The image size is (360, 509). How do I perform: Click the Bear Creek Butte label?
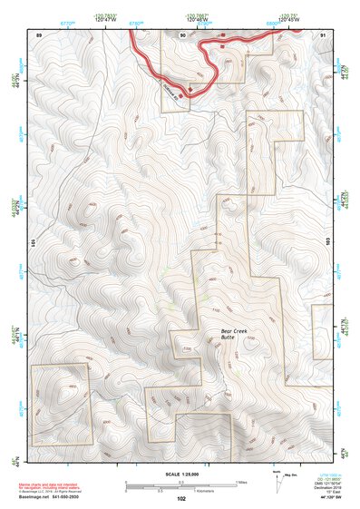point(234,334)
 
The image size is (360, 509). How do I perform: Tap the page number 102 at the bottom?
point(181,499)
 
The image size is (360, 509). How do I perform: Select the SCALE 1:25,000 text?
point(180,475)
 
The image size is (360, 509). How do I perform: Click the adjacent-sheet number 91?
point(324,34)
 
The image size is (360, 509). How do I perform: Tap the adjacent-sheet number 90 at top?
point(183,34)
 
